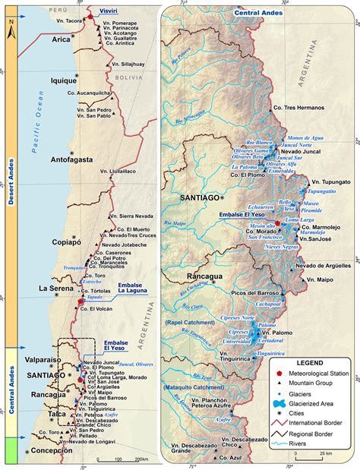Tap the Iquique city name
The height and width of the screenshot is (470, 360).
tap(65, 100)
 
